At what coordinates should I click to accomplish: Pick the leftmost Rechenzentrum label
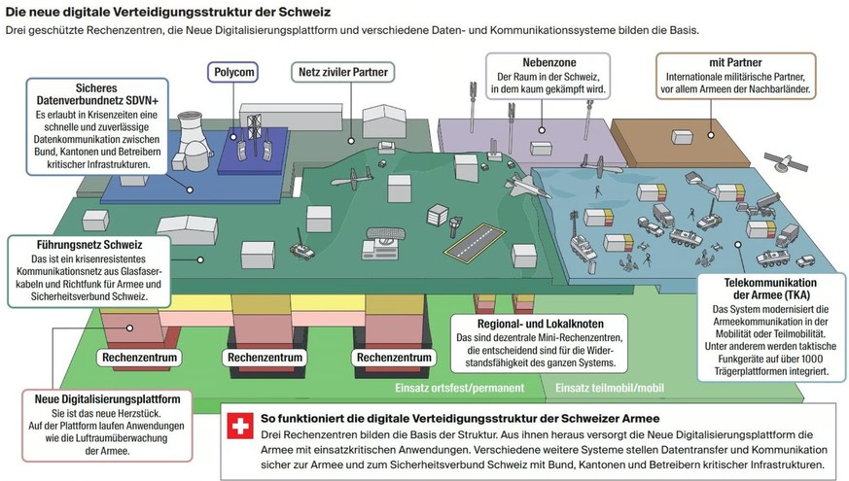pyautogui.click(x=136, y=358)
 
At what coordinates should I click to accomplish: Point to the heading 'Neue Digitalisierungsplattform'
pyautogui.click(x=106, y=398)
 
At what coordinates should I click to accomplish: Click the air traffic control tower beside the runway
pyautogui.click(x=455, y=216)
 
